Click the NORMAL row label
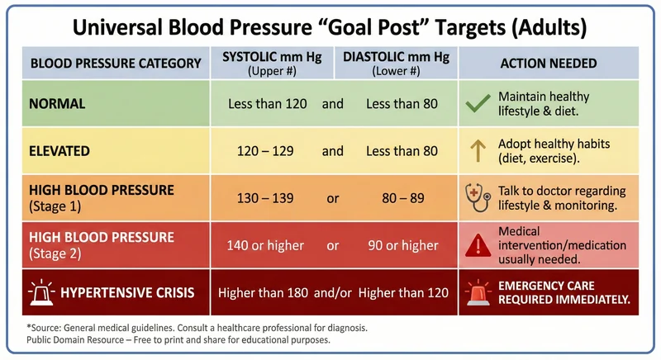(x=57, y=104)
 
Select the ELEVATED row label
(x=60, y=151)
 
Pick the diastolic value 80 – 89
(x=402, y=198)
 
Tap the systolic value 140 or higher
(x=265, y=245)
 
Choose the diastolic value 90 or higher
(x=402, y=245)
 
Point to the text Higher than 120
(x=402, y=292)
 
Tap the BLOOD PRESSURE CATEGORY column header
(x=116, y=63)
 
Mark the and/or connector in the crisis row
(x=333, y=292)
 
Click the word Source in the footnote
(x=51, y=327)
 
